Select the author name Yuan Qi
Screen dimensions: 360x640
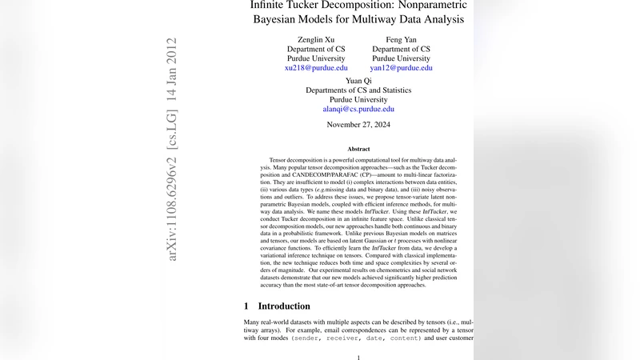(358, 80)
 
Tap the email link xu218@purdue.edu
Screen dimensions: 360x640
(316, 68)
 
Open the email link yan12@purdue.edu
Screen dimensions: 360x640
(401, 68)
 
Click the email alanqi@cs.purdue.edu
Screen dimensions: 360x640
(358, 109)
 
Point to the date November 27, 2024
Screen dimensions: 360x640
(358, 125)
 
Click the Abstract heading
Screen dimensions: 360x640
(358, 149)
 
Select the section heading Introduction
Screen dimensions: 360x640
(283, 306)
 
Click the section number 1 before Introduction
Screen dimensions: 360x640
(247, 306)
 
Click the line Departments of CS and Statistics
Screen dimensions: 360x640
(358, 90)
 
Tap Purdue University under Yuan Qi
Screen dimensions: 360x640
(358, 99)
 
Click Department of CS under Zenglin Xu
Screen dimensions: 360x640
(316, 49)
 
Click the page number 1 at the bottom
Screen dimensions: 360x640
(358, 358)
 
